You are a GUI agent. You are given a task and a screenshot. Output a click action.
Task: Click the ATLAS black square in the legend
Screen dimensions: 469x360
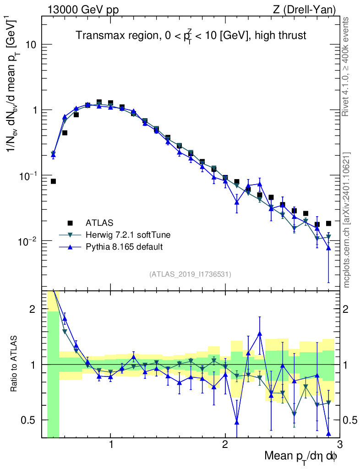click(x=70, y=223)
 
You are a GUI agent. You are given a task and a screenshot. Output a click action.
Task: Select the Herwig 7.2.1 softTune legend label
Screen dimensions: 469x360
click(x=128, y=235)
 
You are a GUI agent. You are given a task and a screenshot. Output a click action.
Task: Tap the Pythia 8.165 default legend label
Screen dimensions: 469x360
click(x=124, y=247)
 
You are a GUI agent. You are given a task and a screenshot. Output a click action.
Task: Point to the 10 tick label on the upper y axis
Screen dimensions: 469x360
click(x=31, y=45)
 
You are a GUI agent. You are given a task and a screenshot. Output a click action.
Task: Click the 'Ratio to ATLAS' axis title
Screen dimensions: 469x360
click(x=15, y=364)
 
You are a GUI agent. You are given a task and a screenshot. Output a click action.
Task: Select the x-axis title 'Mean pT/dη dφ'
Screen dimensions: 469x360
click(x=300, y=457)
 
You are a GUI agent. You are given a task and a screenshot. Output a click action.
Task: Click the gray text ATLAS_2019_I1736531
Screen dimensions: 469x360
click(x=190, y=274)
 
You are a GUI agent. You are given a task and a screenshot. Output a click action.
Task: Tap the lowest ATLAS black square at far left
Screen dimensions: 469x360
click(x=53, y=181)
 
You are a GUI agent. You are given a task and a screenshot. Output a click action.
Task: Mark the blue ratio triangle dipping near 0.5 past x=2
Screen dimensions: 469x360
click(x=237, y=422)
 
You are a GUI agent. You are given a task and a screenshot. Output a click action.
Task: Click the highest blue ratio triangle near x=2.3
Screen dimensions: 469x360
click(x=260, y=333)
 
